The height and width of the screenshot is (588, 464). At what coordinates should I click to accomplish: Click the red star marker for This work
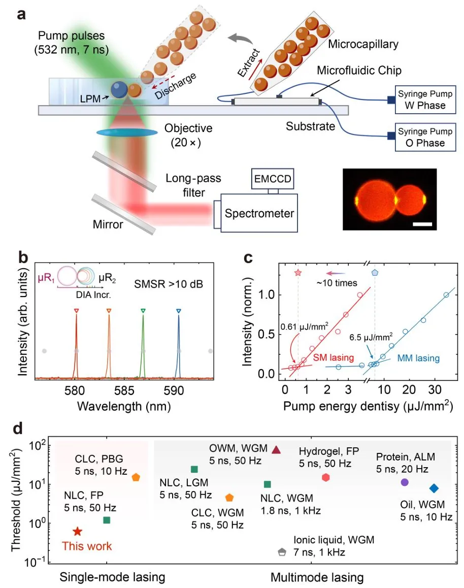click(77, 531)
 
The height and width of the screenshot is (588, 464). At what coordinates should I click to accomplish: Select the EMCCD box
click(272, 179)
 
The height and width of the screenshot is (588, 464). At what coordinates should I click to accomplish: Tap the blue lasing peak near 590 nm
click(178, 345)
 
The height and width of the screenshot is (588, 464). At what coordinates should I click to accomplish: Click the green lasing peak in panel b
click(143, 345)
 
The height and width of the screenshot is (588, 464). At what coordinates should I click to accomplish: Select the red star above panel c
click(298, 273)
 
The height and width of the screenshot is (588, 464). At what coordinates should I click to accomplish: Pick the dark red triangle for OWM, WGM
click(276, 450)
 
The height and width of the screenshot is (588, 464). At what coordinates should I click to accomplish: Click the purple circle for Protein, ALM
click(405, 482)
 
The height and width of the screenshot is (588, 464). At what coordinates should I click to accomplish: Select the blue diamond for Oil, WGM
click(434, 488)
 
